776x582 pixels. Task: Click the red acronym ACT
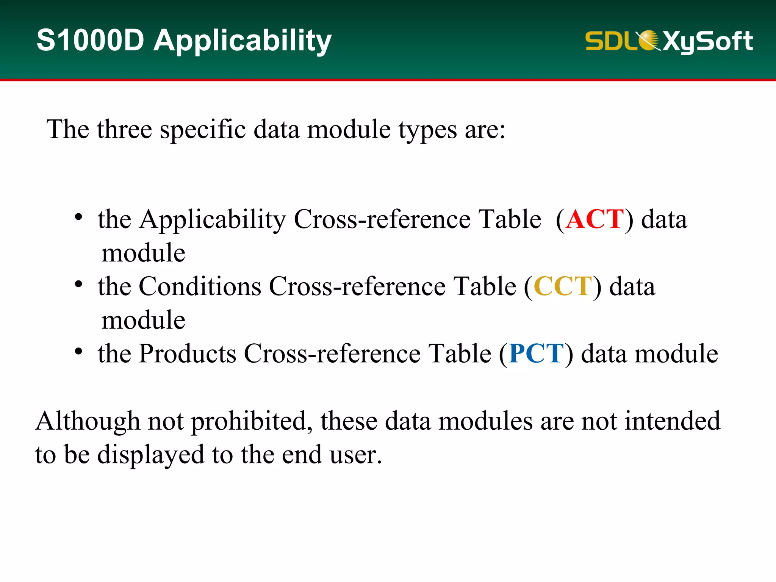[595, 219]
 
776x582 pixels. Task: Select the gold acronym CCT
[563, 286]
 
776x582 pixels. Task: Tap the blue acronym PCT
[537, 354]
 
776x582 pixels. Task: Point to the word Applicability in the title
[242, 41]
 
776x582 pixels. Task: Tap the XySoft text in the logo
[707, 41]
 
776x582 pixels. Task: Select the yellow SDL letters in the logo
[610, 41]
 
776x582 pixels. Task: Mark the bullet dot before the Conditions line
[78, 284]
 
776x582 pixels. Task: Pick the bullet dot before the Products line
[78, 351]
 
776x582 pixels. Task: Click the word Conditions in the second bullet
[200, 286]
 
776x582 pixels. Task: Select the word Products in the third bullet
[188, 354]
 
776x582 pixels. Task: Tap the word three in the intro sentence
[124, 130]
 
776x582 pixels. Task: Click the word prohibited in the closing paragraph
[252, 421]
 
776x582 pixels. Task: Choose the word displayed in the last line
[151, 455]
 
